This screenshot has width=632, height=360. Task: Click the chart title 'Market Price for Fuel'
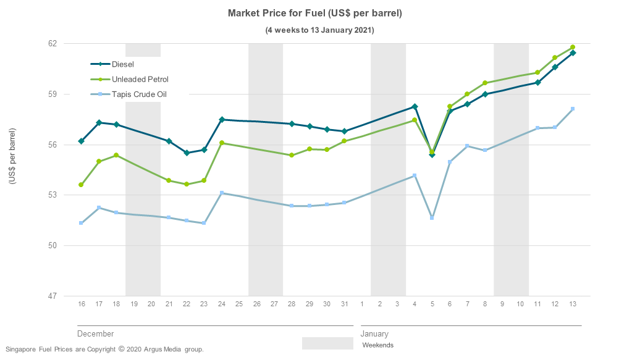[315, 13]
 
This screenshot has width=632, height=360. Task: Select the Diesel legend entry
[122, 64]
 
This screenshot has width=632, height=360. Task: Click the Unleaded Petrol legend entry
[140, 79]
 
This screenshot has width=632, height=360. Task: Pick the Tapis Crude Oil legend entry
[139, 94]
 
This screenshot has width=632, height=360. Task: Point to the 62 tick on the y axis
[52, 44]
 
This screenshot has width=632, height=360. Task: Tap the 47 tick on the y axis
[52, 296]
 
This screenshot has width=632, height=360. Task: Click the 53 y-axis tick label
[52, 195]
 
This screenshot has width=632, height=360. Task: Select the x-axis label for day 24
[222, 304]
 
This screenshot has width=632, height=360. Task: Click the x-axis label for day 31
[344, 304]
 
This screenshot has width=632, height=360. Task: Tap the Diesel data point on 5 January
[432, 154]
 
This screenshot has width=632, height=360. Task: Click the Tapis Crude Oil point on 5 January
[432, 218]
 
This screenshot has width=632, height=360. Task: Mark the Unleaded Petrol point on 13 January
[573, 47]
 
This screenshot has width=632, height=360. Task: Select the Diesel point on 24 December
[222, 119]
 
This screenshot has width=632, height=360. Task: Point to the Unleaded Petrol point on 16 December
[81, 185]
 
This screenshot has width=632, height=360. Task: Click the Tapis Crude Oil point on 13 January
[573, 109]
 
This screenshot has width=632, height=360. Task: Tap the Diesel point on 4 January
[415, 106]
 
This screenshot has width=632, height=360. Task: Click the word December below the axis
[95, 334]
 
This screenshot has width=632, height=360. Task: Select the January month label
[374, 334]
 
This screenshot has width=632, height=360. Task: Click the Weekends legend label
[377, 345]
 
